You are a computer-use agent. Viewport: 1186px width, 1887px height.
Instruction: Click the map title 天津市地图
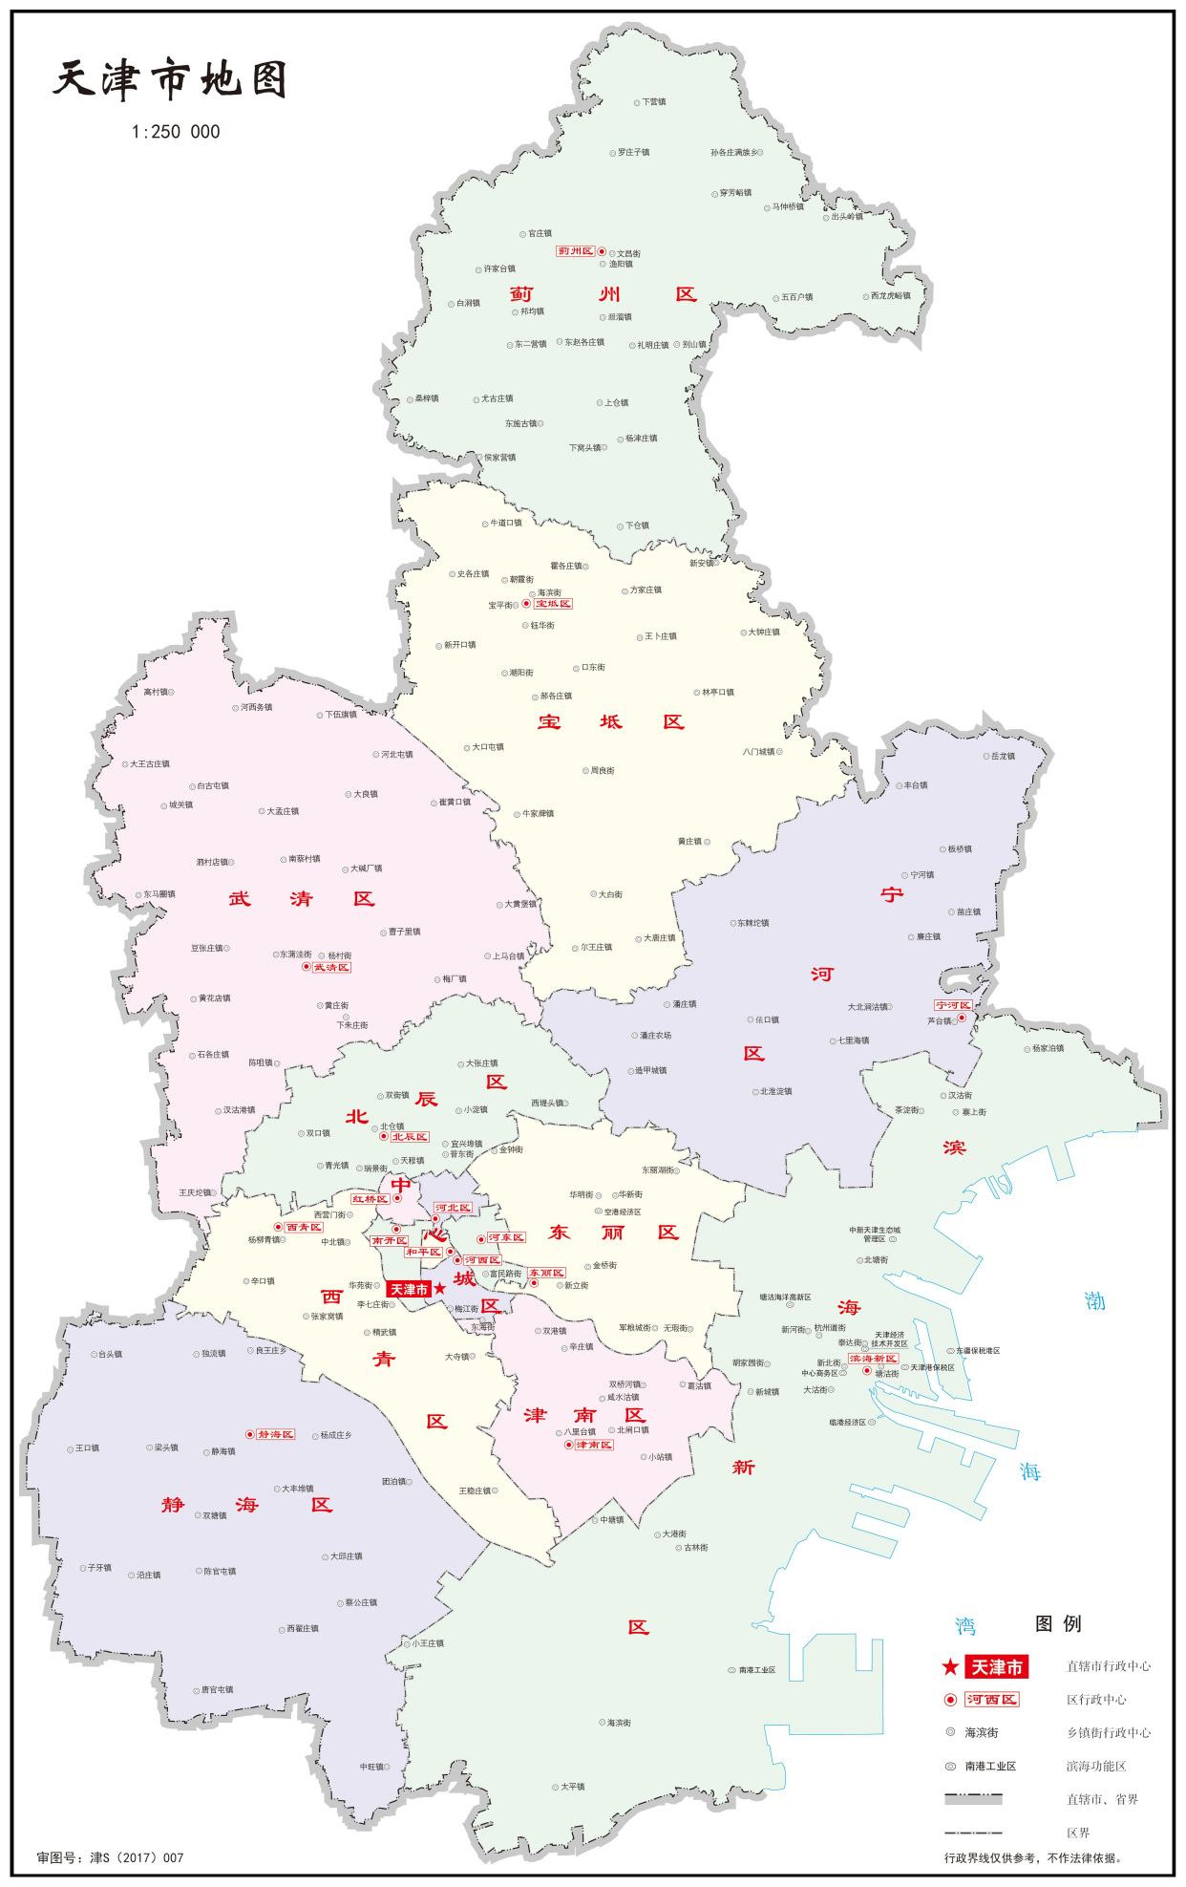(x=170, y=79)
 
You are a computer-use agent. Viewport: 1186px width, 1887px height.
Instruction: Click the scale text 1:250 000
(x=176, y=132)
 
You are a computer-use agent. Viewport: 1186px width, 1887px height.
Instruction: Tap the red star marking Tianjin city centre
(x=440, y=1289)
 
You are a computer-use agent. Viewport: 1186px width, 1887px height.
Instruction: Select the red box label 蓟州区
(x=576, y=251)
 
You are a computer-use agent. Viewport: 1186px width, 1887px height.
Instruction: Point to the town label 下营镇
(x=654, y=101)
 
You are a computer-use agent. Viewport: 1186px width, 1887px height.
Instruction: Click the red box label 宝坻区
(x=553, y=604)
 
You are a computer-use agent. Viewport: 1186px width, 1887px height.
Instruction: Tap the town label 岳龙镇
(x=1003, y=756)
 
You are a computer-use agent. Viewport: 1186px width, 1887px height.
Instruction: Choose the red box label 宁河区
(x=953, y=1005)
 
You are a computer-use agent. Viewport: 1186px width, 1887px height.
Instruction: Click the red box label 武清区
(x=331, y=968)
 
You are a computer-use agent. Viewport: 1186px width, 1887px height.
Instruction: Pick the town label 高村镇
(x=156, y=692)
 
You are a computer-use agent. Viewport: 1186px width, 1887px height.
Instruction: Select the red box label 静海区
(x=276, y=1435)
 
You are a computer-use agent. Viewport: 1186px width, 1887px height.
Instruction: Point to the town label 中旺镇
(x=371, y=1767)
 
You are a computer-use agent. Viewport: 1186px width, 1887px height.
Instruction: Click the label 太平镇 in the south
(x=572, y=1786)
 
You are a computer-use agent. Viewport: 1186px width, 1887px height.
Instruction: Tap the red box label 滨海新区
(x=874, y=1359)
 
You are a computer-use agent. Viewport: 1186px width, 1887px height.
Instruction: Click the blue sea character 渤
(x=1094, y=1301)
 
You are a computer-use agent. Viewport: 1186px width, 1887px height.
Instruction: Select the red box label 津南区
(x=594, y=1445)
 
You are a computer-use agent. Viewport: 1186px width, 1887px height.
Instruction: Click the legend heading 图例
(x=1058, y=1623)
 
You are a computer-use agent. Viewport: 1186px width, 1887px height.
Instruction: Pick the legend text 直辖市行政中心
(x=1108, y=1666)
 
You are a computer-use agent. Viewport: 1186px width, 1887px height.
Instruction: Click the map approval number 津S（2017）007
(x=110, y=1857)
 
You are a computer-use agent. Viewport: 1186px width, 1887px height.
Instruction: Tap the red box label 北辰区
(x=410, y=1137)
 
